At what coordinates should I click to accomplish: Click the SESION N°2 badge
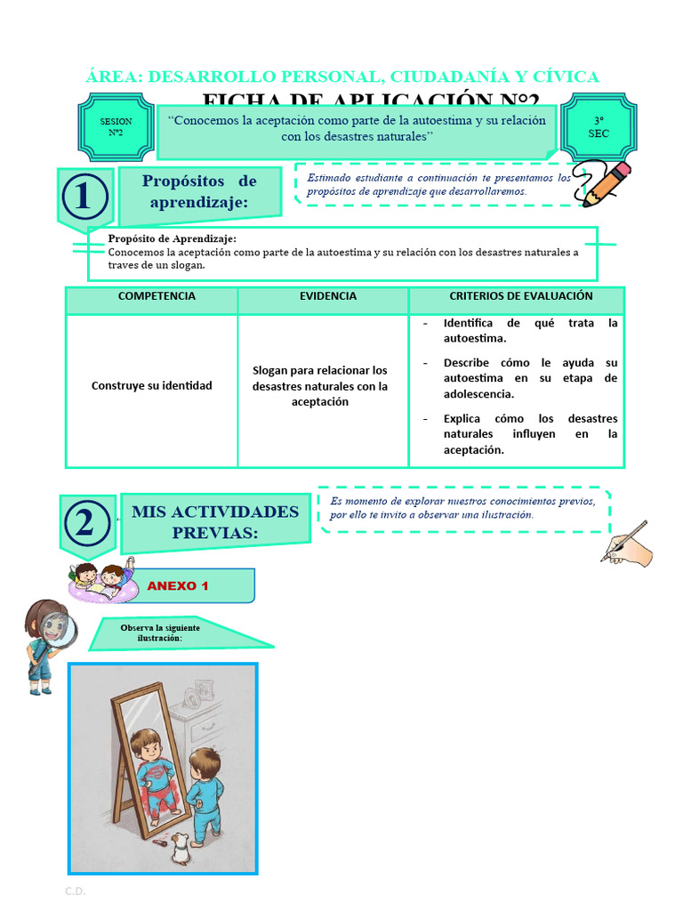pos(116,127)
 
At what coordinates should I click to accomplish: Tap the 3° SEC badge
pos(598,127)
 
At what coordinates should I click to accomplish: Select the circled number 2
pos(85,524)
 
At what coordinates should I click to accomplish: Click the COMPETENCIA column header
pos(157,297)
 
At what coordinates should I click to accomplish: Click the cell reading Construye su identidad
pos(152,386)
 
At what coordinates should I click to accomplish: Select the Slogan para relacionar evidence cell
pos(320,386)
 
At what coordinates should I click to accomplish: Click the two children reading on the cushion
pos(101,579)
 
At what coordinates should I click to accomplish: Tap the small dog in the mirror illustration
pos(181,848)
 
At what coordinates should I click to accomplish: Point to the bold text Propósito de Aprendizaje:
pos(172,238)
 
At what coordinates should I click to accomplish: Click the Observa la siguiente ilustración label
pos(160,633)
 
